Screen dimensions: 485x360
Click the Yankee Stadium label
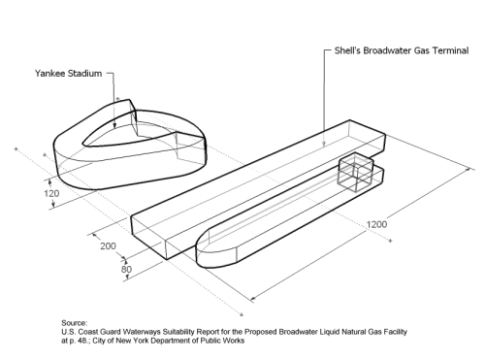point(68,74)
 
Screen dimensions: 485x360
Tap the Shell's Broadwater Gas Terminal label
point(402,50)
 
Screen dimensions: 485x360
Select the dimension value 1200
point(376,224)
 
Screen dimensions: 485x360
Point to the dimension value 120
point(51,193)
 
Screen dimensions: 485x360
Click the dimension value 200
point(108,246)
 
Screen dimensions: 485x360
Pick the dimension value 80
point(126,269)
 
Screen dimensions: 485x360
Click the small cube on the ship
point(355,172)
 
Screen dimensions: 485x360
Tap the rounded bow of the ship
point(213,249)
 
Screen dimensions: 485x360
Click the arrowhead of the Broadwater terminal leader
point(324,145)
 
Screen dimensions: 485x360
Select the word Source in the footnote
point(74,323)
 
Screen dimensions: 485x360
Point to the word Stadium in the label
point(86,74)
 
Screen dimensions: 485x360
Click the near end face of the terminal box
point(148,237)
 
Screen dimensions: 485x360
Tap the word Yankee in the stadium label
point(51,74)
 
